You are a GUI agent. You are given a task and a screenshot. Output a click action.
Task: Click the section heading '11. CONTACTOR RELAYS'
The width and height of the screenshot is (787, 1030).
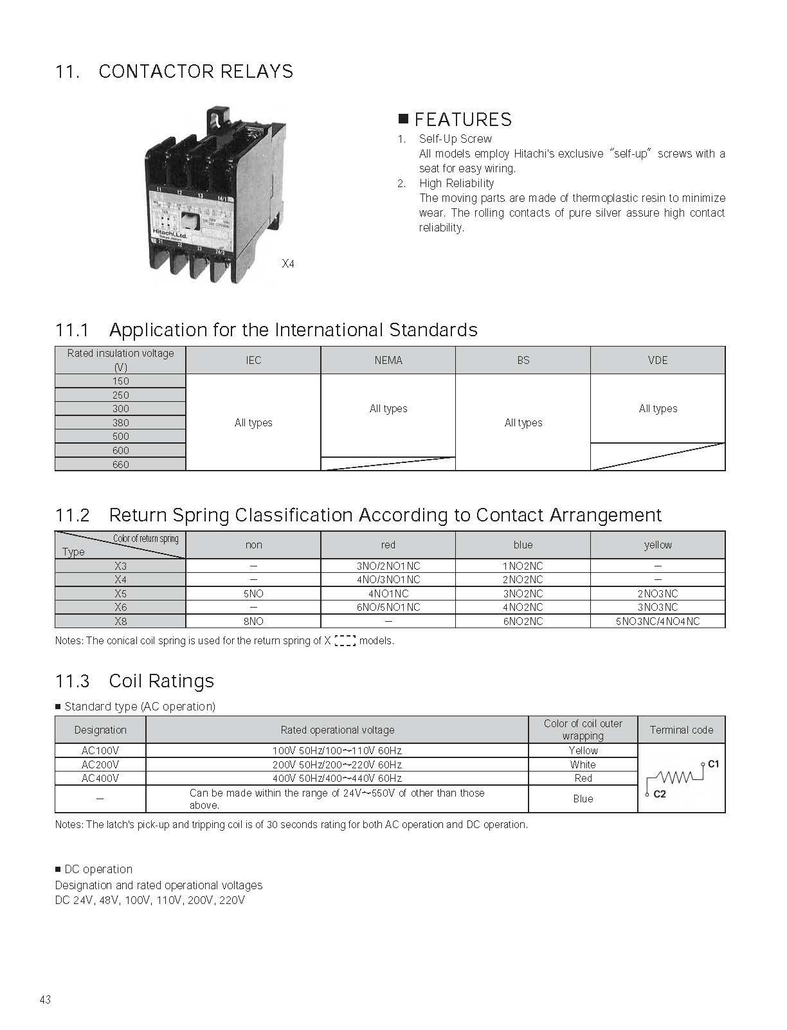click(x=174, y=71)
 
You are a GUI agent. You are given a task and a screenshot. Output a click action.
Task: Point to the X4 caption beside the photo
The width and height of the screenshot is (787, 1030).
click(x=288, y=264)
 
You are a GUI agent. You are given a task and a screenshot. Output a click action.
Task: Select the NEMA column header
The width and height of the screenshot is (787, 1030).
click(x=388, y=360)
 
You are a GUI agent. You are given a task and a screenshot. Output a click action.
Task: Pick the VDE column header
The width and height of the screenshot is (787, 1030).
click(x=658, y=360)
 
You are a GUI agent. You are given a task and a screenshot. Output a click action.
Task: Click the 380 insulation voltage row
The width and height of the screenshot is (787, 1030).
click(x=121, y=422)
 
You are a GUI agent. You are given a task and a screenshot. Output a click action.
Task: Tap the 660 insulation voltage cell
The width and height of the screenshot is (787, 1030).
click(x=121, y=464)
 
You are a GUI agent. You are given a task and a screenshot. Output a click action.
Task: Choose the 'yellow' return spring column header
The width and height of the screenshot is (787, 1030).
click(x=658, y=545)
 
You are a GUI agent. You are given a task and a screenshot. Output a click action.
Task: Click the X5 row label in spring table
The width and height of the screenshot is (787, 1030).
click(x=121, y=593)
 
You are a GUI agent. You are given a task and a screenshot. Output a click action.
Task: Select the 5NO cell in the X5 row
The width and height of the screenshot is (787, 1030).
click(x=253, y=593)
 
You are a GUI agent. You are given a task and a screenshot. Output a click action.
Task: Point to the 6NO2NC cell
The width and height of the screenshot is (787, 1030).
click(x=523, y=621)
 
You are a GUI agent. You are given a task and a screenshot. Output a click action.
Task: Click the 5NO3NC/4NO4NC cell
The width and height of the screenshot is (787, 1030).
click(x=658, y=621)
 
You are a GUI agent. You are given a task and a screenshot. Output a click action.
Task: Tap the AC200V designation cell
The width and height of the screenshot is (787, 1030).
click(x=100, y=764)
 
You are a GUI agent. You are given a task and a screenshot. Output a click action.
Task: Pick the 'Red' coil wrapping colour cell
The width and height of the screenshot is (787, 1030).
click(x=583, y=778)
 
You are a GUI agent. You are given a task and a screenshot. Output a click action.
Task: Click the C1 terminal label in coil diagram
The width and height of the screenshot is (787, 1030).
click(x=713, y=764)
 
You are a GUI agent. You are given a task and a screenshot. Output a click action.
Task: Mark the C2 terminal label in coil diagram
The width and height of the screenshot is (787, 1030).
click(x=660, y=794)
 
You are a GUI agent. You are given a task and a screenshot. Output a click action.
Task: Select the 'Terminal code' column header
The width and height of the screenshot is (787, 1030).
click(x=682, y=730)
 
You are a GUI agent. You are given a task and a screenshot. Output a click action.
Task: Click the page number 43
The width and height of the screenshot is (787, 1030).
click(x=45, y=1000)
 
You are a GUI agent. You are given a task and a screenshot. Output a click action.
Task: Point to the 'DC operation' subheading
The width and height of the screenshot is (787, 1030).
click(x=98, y=869)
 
